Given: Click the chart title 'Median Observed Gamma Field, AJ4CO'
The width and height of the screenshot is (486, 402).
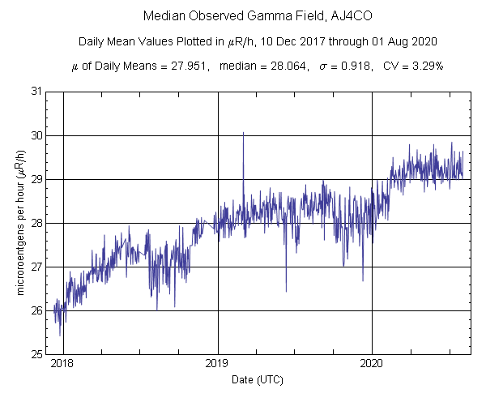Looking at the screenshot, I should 243,16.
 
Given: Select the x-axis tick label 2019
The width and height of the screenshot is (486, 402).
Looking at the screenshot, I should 217,365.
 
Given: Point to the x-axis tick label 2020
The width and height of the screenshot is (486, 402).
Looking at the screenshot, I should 371,365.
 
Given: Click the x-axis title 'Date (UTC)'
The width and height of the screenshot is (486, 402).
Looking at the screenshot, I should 258,379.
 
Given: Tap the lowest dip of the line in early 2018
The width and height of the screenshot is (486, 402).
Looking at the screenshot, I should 60,334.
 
